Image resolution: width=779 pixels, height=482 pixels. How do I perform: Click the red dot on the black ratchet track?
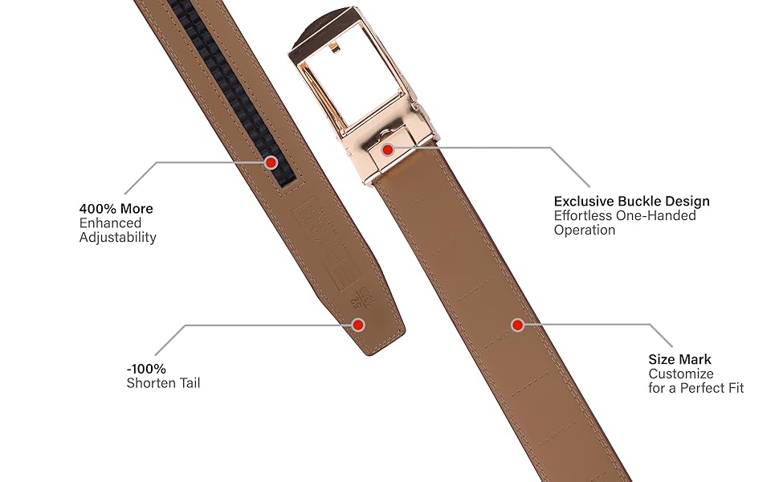pos(271,163)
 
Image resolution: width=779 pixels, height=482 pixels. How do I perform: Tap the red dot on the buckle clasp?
pos(387,149)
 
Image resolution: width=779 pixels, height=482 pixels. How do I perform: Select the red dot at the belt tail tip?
pos(358,325)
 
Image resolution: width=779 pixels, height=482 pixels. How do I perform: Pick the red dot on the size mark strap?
pos(518,325)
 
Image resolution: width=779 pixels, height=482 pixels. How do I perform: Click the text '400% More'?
pos(116,209)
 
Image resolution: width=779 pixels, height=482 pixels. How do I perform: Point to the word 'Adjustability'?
pos(117,238)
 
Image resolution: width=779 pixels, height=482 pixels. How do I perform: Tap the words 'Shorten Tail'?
pos(163,383)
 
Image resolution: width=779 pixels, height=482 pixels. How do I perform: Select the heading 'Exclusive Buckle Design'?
pos(632,202)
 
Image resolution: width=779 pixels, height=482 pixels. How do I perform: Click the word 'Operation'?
pos(585,230)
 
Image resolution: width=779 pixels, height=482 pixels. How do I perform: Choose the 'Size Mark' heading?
pos(680,360)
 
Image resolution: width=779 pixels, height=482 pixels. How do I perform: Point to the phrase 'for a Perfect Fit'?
pos(696,389)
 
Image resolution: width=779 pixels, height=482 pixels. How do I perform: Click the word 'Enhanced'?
pos(110,223)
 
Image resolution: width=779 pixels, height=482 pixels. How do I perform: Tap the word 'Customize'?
pos(681,374)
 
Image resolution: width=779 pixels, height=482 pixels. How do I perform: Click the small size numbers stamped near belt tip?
pos(360,302)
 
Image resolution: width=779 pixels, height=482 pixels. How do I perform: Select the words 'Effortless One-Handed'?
pos(625,215)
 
